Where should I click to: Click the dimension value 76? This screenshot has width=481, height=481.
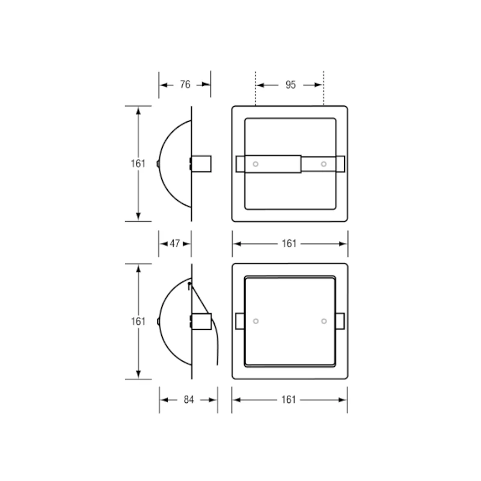click(185, 85)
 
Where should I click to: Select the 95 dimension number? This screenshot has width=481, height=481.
click(290, 85)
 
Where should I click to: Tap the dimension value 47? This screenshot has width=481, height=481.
click(175, 244)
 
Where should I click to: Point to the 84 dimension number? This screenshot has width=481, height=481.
click(188, 400)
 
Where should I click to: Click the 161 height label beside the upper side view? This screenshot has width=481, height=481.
click(138, 163)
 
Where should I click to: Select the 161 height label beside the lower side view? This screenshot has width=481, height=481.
click(138, 321)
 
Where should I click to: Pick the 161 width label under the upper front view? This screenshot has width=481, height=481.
click(290, 244)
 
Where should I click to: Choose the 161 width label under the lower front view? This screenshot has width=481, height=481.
click(290, 400)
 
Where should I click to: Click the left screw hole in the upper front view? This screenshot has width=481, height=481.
click(256, 164)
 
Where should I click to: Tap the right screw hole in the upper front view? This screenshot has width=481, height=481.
click(324, 164)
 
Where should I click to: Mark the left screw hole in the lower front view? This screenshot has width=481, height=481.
click(256, 321)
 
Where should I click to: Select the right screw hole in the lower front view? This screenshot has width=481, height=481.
click(324, 321)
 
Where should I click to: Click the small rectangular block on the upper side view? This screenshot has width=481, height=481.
click(201, 164)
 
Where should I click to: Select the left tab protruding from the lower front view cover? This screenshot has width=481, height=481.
click(239, 321)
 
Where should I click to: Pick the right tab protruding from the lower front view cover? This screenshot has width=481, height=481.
click(341, 321)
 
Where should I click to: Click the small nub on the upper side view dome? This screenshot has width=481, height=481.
click(158, 163)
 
